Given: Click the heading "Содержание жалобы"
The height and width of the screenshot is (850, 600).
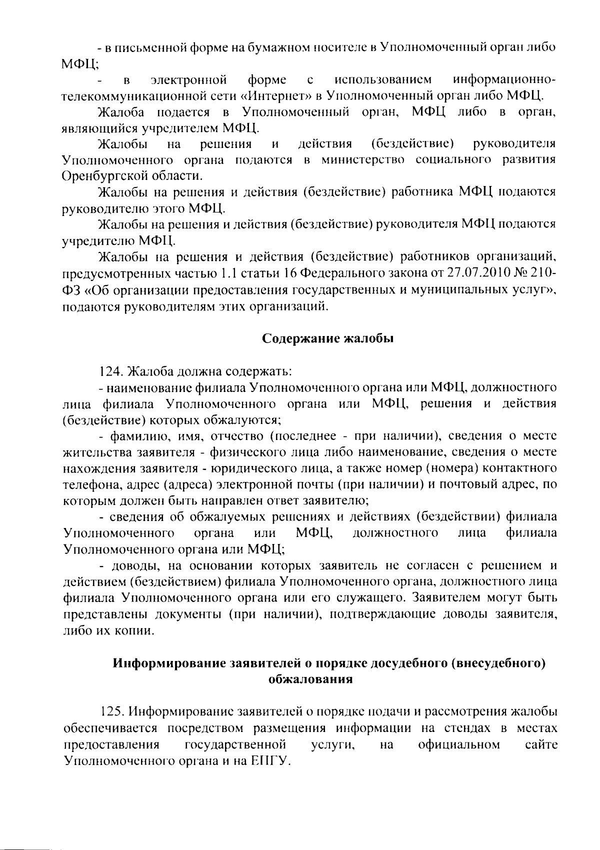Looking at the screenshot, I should coord(328,338).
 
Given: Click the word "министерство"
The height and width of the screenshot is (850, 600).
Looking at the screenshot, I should coord(363,160).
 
